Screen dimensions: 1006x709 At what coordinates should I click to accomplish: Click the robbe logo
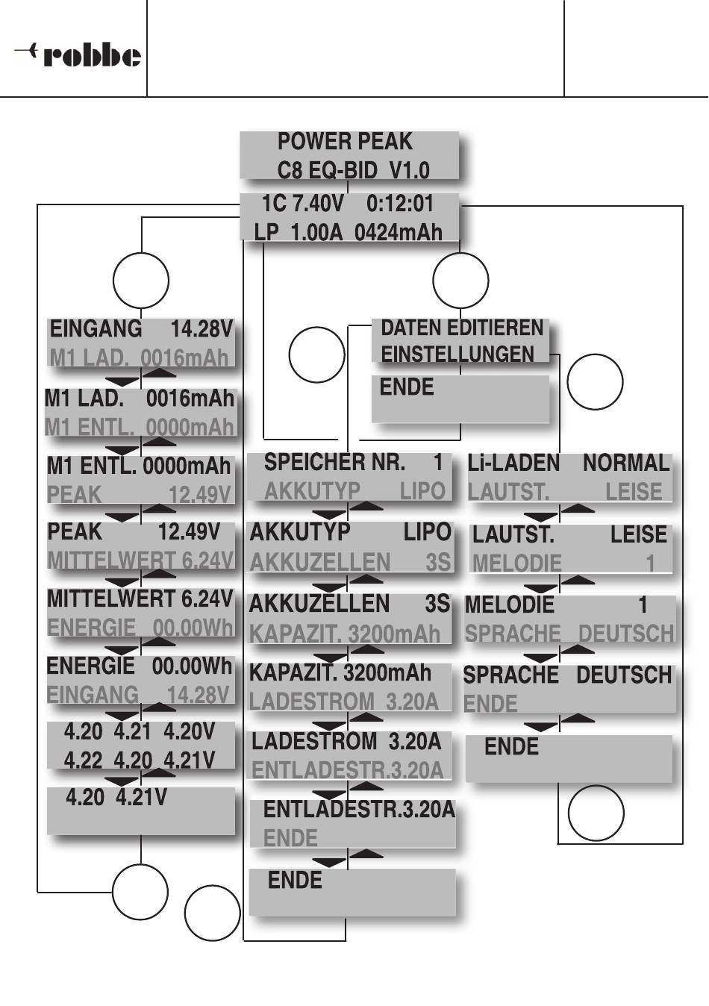pyautogui.click(x=78, y=55)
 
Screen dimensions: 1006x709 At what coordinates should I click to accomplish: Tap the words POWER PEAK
pyautogui.click(x=344, y=141)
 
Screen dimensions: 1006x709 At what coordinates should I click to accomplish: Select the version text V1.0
pyautogui.click(x=409, y=170)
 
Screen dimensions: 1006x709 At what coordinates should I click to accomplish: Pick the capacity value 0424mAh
pyautogui.click(x=398, y=232)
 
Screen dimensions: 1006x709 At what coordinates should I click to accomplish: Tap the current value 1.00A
pyautogui.click(x=316, y=232)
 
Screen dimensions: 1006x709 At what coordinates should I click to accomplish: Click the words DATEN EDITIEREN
pyautogui.click(x=462, y=328)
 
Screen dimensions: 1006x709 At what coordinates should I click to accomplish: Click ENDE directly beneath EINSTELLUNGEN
pyautogui.click(x=407, y=387)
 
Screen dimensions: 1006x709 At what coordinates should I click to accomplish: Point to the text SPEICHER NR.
pyautogui.click(x=334, y=463)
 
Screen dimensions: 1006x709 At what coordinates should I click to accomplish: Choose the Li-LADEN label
pyautogui.click(x=513, y=463)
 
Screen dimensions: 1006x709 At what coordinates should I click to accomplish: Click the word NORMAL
pyautogui.click(x=626, y=463)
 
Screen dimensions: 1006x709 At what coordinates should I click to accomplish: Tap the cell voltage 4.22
pyautogui.click(x=83, y=760)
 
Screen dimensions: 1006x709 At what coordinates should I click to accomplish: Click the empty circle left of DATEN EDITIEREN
pyautogui.click(x=316, y=354)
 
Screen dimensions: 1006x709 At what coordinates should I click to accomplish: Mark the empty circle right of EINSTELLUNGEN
pyautogui.click(x=595, y=381)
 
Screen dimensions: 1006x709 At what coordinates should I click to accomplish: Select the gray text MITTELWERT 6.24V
pyautogui.click(x=140, y=560)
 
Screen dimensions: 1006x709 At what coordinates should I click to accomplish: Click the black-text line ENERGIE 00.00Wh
pyautogui.click(x=140, y=666)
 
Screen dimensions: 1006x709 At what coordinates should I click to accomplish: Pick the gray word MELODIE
pyautogui.click(x=516, y=563)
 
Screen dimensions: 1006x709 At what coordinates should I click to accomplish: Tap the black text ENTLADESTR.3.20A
pyautogui.click(x=359, y=809)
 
